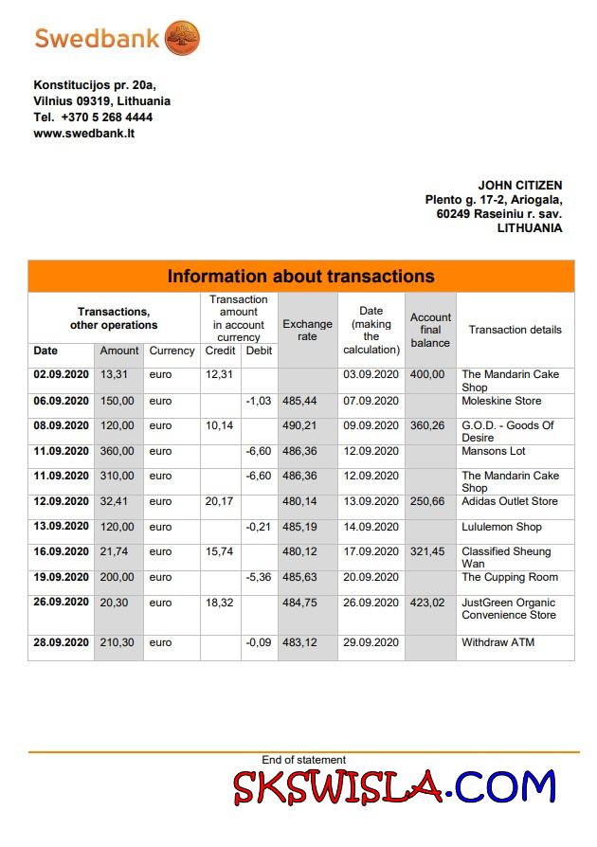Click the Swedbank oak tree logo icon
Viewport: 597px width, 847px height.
[182, 39]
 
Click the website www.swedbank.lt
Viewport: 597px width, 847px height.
[84, 134]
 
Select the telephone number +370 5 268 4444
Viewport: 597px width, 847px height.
[106, 117]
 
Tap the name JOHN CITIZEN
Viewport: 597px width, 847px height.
[519, 186]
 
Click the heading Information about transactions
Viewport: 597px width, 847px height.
[300, 277]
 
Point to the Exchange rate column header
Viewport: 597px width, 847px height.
[307, 330]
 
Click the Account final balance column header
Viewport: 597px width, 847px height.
[430, 330]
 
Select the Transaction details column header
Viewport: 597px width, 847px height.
[515, 330]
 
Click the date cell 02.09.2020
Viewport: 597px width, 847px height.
[62, 374]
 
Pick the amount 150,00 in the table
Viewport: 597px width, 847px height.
[119, 401]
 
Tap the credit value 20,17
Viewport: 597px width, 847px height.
[220, 501]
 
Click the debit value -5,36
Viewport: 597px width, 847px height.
[259, 577]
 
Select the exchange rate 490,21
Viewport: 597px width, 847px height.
[299, 425]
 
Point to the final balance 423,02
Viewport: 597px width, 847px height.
[427, 603]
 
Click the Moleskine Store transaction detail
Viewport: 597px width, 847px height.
[501, 401]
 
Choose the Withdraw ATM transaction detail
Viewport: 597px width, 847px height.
[497, 642]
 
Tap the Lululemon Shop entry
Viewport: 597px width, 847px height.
[501, 527]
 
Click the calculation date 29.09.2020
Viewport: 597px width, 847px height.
[371, 642]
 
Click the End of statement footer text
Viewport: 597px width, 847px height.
[303, 760]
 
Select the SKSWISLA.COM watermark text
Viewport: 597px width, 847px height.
[394, 786]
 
